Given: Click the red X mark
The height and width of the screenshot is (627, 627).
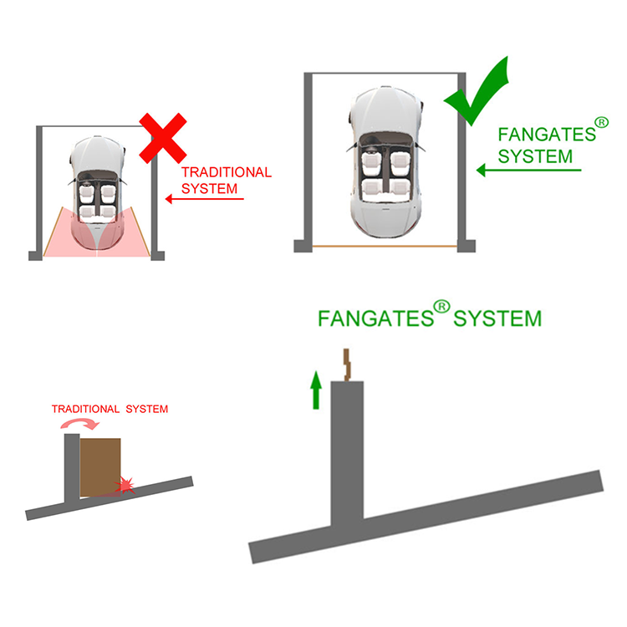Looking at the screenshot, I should coord(162,137).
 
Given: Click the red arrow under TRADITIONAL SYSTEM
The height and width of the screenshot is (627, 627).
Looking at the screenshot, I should coord(201,199).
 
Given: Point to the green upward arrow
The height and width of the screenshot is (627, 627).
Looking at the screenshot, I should coord(315,391).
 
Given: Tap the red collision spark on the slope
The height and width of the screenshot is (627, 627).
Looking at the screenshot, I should coord(127,485).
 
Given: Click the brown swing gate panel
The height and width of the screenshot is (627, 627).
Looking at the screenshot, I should coord(100,465).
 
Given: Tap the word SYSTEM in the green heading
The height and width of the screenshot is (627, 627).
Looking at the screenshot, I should coord(497,319).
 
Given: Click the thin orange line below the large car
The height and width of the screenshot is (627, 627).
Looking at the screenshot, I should coord(385,247).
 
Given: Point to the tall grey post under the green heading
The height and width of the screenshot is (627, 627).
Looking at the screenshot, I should coord(347,451).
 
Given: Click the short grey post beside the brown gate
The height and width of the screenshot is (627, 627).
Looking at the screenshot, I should coord(72,468).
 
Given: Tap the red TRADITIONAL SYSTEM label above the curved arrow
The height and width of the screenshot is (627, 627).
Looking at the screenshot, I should coord(110,410).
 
